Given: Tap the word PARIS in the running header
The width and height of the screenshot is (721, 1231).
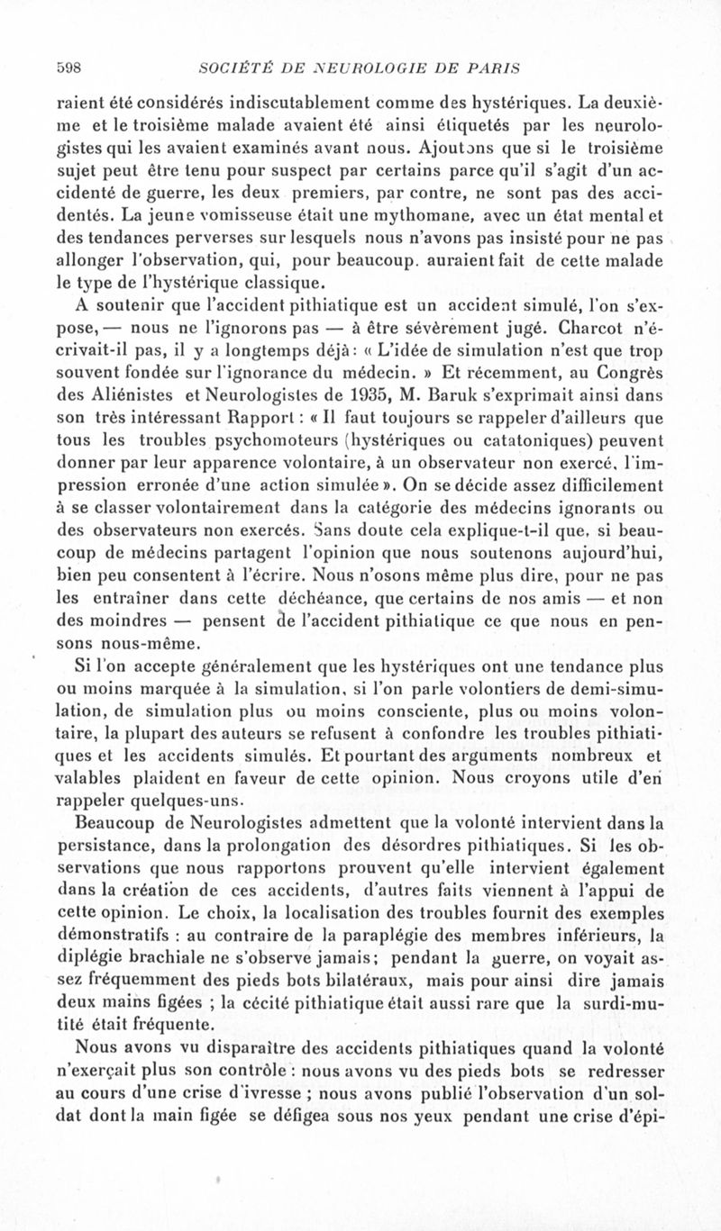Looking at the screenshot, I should click(x=498, y=66).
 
